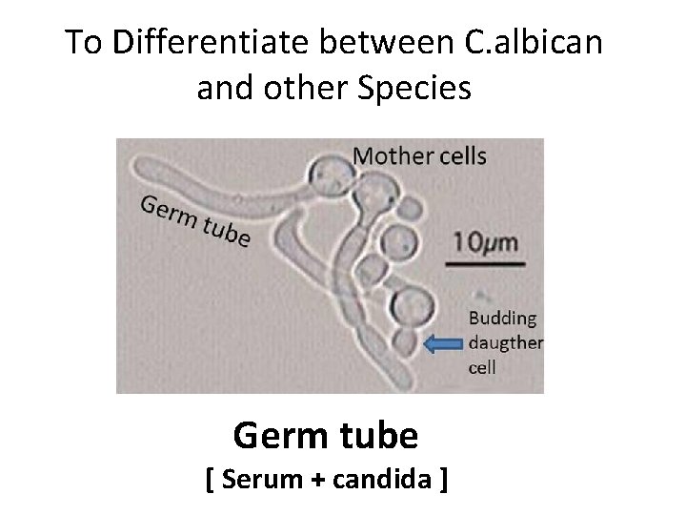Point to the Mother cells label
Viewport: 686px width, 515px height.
click(x=419, y=155)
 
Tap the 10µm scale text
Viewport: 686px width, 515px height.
click(x=486, y=240)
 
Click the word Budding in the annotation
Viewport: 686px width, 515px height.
click(x=502, y=319)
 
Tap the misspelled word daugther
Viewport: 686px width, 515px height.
click(x=506, y=342)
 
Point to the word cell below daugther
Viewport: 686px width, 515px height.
click(x=483, y=366)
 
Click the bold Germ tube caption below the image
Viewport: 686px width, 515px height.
click(x=325, y=436)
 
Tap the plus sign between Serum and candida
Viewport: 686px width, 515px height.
click(x=314, y=481)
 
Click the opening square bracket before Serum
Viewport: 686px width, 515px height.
click(x=211, y=480)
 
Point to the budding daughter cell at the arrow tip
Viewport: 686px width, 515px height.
click(x=406, y=342)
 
